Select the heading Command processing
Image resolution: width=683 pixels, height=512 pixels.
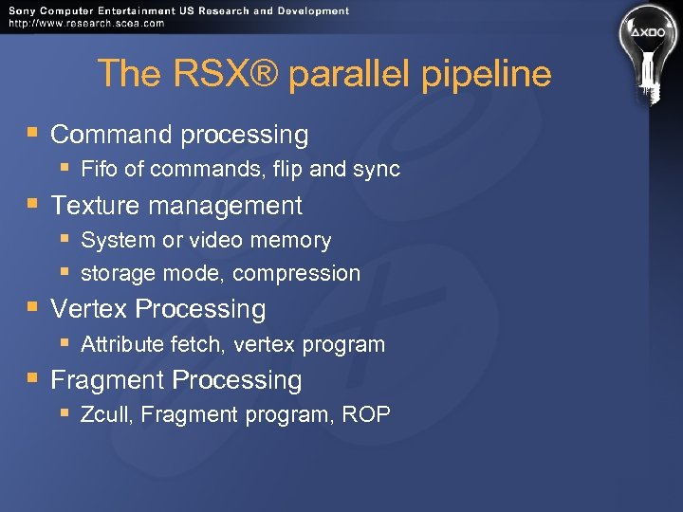[x=179, y=136]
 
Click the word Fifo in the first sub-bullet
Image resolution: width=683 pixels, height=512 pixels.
[x=99, y=170]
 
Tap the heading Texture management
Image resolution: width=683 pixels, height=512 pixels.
[x=176, y=206]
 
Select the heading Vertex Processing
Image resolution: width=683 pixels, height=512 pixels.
[x=158, y=309]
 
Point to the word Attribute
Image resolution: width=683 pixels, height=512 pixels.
[x=122, y=344]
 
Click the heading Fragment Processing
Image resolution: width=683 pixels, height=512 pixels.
[x=176, y=380]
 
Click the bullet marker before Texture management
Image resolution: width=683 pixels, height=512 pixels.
[x=33, y=205]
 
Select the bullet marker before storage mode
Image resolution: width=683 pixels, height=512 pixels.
[x=64, y=273]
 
